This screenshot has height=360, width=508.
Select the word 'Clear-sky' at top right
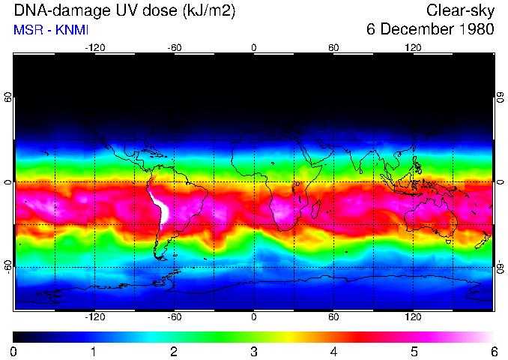click(459, 10)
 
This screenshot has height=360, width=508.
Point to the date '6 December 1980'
click(430, 29)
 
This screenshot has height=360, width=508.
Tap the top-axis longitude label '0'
click(254, 47)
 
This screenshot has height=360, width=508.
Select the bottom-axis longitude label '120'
click(413, 316)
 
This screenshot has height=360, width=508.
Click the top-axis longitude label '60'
click(333, 47)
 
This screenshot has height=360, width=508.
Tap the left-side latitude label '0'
click(8, 182)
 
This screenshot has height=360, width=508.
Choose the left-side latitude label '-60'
click(8, 266)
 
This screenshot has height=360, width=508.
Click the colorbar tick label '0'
click(14, 351)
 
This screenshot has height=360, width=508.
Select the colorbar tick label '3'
click(254, 351)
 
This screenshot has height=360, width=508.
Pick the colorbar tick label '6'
click(493, 351)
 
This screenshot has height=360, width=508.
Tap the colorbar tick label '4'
click(333, 351)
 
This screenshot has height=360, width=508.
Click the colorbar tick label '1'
click(94, 351)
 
